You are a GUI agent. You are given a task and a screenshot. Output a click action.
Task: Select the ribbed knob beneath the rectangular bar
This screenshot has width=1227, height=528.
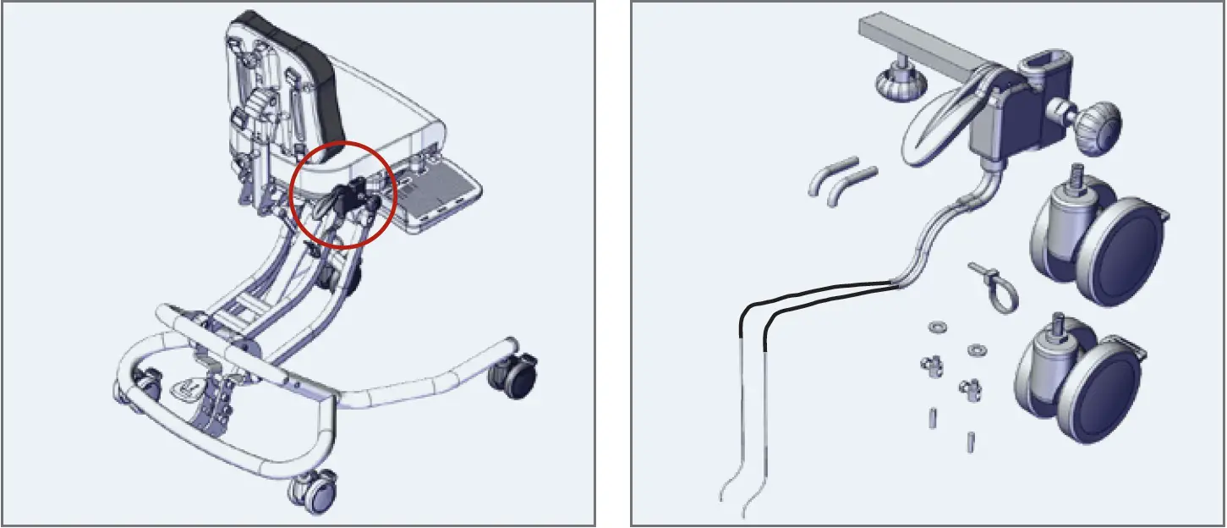[x=901, y=84]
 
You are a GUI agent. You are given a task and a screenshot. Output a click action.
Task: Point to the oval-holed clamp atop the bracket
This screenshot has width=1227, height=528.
[x=1046, y=69]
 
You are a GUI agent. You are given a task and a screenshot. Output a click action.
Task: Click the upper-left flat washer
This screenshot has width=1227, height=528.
[x=937, y=327]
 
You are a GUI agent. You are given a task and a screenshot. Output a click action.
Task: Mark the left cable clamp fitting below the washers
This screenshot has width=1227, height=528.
[x=931, y=365]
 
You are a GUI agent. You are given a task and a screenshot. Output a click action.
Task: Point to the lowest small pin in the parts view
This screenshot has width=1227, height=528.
[x=970, y=441]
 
